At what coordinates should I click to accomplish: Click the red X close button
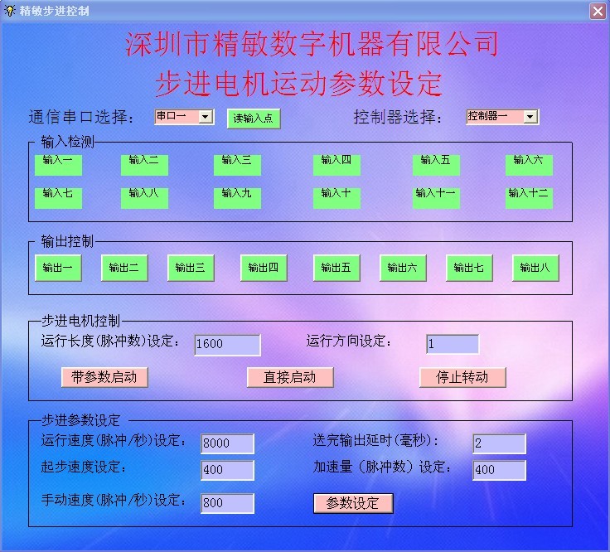tap(598, 11)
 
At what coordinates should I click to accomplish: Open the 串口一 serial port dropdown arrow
tap(206, 116)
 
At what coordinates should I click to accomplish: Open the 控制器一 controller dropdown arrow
tap(530, 116)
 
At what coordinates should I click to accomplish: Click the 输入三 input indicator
tap(237, 165)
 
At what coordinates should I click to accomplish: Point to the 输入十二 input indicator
tap(529, 198)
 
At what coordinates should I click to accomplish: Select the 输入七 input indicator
tap(58, 198)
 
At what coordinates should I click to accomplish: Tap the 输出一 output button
tap(58, 268)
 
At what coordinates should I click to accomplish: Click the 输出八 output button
tap(535, 268)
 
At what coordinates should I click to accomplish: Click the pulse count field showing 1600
tap(228, 345)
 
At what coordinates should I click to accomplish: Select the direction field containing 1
tap(453, 344)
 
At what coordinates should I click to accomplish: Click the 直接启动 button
tap(290, 377)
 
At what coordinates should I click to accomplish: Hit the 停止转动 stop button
tap(462, 377)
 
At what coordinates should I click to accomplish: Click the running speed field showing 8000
tap(228, 443)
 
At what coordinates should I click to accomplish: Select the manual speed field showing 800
tap(228, 503)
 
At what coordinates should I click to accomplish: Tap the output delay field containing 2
tap(500, 443)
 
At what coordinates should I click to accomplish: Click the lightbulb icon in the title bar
tap(9, 11)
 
